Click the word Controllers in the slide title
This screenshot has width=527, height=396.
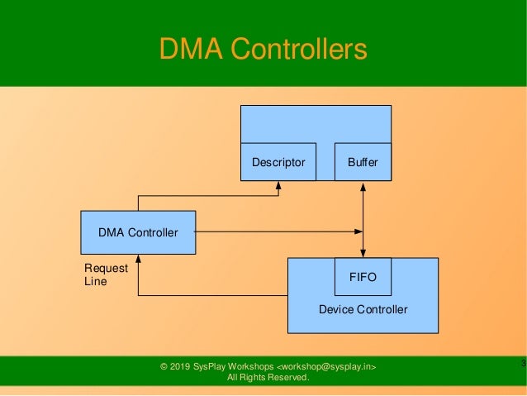(x=297, y=50)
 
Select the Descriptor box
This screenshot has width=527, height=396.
(x=278, y=162)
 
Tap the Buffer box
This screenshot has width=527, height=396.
(x=363, y=162)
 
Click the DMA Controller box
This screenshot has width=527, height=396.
(x=137, y=232)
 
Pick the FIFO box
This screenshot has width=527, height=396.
(x=363, y=277)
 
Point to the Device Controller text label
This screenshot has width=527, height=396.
(x=363, y=310)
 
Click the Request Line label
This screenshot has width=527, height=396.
(x=106, y=274)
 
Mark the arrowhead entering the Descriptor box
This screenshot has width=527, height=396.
(x=278, y=186)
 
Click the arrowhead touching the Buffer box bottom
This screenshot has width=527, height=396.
(x=363, y=186)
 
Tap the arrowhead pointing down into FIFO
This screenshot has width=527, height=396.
(x=363, y=252)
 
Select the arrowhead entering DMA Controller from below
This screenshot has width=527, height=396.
(x=138, y=260)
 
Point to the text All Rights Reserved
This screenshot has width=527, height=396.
(x=268, y=379)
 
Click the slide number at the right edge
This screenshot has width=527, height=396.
(x=523, y=364)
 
